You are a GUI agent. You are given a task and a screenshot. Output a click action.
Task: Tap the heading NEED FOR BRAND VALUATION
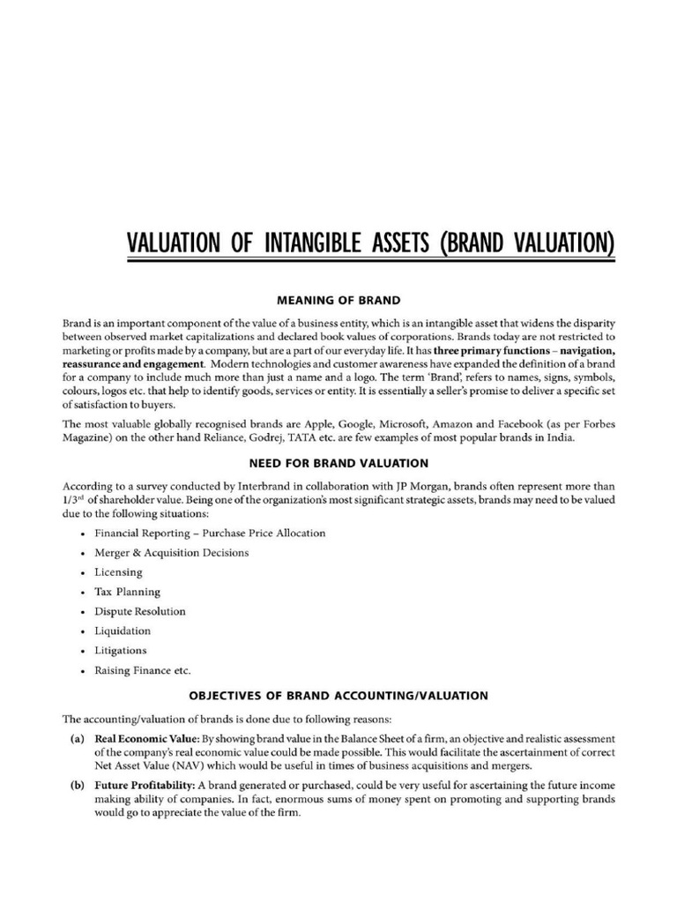coord(338,463)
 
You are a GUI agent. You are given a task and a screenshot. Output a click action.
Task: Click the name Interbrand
coord(276,487)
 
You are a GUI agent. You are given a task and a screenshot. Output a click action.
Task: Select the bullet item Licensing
coord(118,572)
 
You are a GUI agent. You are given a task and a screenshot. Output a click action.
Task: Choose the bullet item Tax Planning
coord(127,592)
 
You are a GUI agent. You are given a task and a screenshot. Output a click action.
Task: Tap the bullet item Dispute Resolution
coord(139,611)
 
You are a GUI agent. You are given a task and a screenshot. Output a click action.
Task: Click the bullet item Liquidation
coord(123,631)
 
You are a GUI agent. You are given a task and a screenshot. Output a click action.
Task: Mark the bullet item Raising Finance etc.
coord(142,669)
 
